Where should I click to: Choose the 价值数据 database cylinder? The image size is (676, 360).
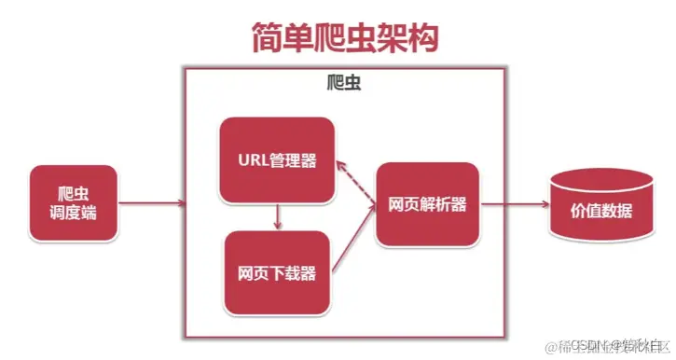[x=593, y=207]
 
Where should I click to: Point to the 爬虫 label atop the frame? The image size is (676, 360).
[x=346, y=83]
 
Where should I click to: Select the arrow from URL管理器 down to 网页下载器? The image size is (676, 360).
[x=277, y=217]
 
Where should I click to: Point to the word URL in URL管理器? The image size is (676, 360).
[x=249, y=159]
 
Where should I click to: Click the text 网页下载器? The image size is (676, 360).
[x=276, y=272]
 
